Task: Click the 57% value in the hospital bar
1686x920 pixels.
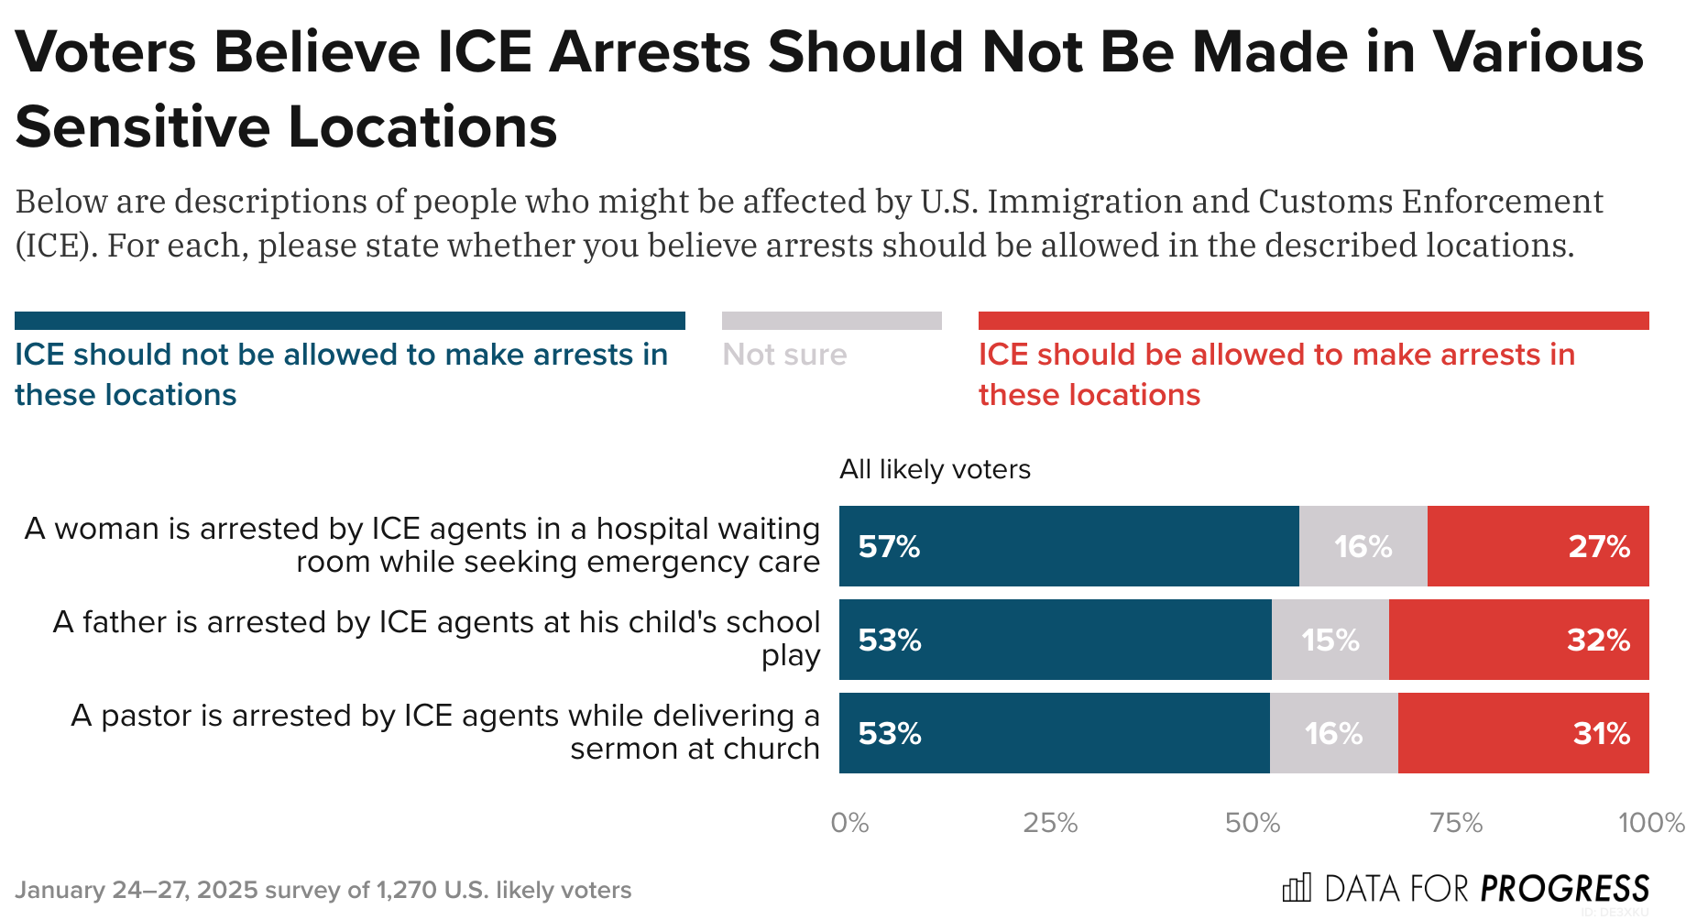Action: (x=889, y=547)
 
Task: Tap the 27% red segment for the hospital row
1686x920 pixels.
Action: (x=1538, y=547)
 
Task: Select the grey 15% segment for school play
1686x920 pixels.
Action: (x=1330, y=641)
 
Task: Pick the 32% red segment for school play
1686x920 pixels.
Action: (x=1518, y=641)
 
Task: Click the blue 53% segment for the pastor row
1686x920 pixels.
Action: (x=1054, y=734)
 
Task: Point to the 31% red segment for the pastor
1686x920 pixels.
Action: (x=1523, y=734)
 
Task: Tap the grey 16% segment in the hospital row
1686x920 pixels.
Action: (x=1363, y=547)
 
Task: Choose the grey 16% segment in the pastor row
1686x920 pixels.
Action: (x=1333, y=734)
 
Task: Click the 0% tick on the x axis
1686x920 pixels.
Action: (x=849, y=823)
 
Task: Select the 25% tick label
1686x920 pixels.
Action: (x=1050, y=823)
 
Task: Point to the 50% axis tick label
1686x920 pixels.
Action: (x=1253, y=823)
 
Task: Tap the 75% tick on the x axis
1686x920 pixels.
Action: (x=1456, y=823)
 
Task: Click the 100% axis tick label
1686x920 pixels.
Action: (x=1650, y=823)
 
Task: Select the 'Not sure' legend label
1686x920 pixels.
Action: (x=784, y=355)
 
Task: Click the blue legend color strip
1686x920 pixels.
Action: (x=349, y=321)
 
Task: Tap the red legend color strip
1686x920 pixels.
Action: (x=1313, y=321)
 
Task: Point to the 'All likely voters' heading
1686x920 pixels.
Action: (x=935, y=469)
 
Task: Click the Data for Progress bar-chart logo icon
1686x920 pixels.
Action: (x=1297, y=888)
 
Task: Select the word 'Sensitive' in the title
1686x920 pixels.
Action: (x=143, y=126)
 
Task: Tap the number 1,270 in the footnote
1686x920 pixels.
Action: (x=406, y=890)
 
